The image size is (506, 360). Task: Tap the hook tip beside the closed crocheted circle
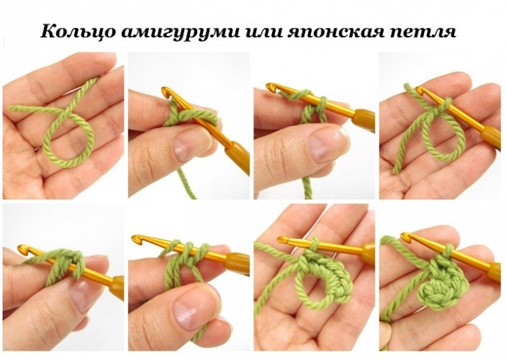[x=404, y=236]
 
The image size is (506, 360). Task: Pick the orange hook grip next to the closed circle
[x=494, y=272]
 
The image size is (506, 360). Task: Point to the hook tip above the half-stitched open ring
[x=282, y=240]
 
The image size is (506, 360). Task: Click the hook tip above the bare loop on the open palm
[x=420, y=89]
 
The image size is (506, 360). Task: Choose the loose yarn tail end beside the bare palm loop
[x=395, y=170]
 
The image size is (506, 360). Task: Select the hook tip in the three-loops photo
[x=136, y=238]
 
